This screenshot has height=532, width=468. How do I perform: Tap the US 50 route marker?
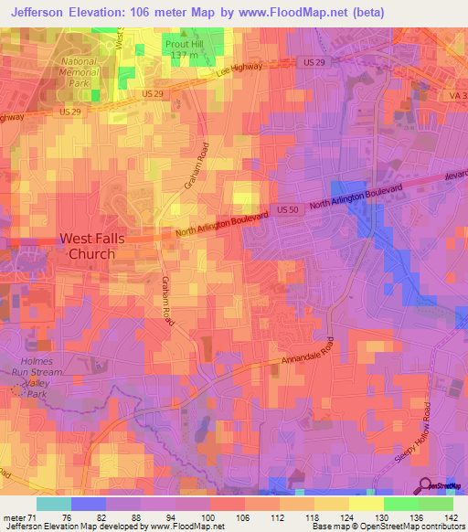[x=287, y=210]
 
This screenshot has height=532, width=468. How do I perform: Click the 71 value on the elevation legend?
[x=36, y=516]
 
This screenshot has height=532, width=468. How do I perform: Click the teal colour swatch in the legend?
[x=53, y=504]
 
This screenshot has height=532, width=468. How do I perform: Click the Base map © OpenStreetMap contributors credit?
[x=388, y=527]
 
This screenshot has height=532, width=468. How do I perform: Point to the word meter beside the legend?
[x=13, y=516]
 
